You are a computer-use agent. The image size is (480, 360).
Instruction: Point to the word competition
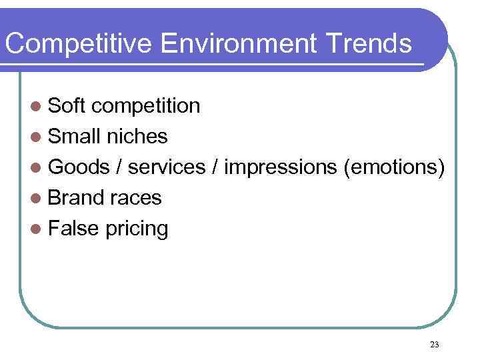(x=146, y=106)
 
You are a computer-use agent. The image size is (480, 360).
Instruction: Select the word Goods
(x=79, y=167)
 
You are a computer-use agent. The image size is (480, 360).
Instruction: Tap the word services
(x=167, y=167)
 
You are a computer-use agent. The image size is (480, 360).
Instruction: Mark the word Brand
(x=77, y=198)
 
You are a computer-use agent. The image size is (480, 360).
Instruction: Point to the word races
(x=136, y=199)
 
